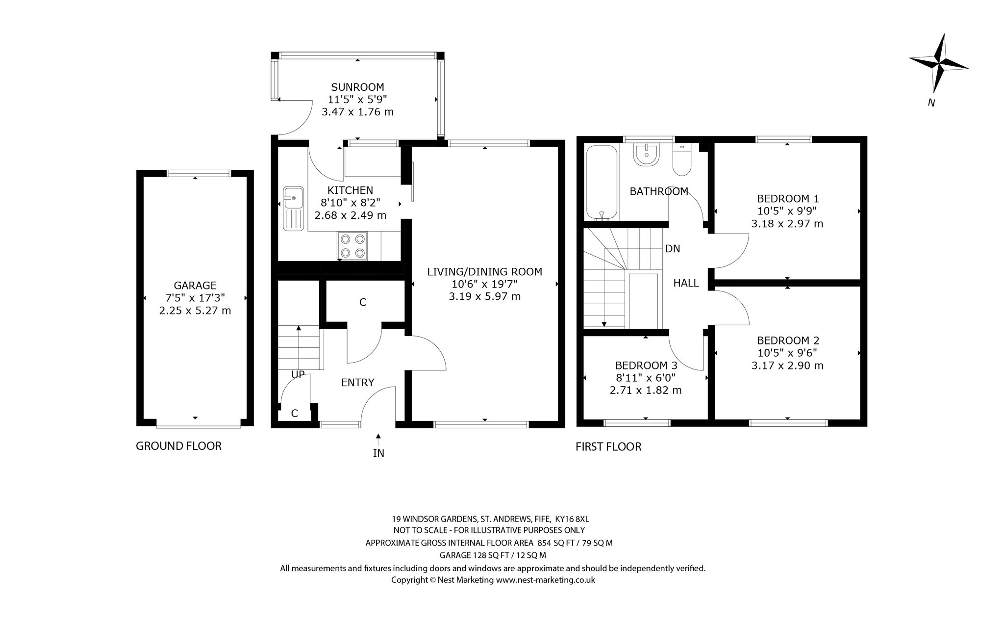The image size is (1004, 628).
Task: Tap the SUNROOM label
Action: [357, 87]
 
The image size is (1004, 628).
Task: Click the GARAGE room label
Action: [195, 286]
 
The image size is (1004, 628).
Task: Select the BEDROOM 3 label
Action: [646, 366]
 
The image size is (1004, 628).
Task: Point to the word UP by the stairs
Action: [298, 375]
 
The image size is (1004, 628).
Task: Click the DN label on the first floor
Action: [673, 249]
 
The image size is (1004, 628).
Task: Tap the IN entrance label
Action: [378, 453]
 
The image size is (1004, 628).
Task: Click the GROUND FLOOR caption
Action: [178, 446]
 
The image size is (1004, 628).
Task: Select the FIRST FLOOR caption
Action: [608, 446]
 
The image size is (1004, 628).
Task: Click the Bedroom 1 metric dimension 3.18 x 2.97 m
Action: [787, 224]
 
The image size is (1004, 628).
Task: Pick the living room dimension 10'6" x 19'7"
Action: [484, 284]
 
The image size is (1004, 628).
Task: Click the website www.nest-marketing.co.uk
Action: [546, 580]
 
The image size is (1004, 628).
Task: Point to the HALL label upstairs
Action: [686, 283]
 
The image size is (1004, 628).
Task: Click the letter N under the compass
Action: [931, 103]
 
